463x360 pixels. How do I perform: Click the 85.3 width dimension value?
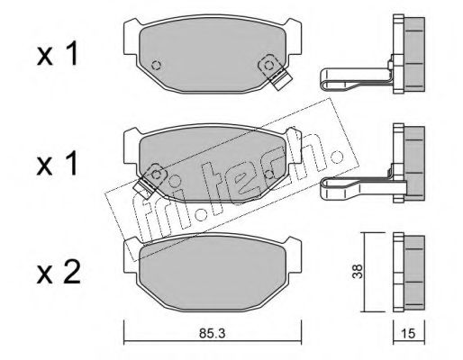click(x=212, y=333)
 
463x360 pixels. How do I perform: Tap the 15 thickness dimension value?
click(x=409, y=333)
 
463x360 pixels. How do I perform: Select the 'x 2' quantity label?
click(x=59, y=272)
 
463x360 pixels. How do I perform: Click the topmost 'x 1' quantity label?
click(x=58, y=54)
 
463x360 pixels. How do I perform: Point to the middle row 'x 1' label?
click(x=58, y=164)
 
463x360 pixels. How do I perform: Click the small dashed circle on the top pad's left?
click(x=157, y=65)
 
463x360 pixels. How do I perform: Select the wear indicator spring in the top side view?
click(x=356, y=79)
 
